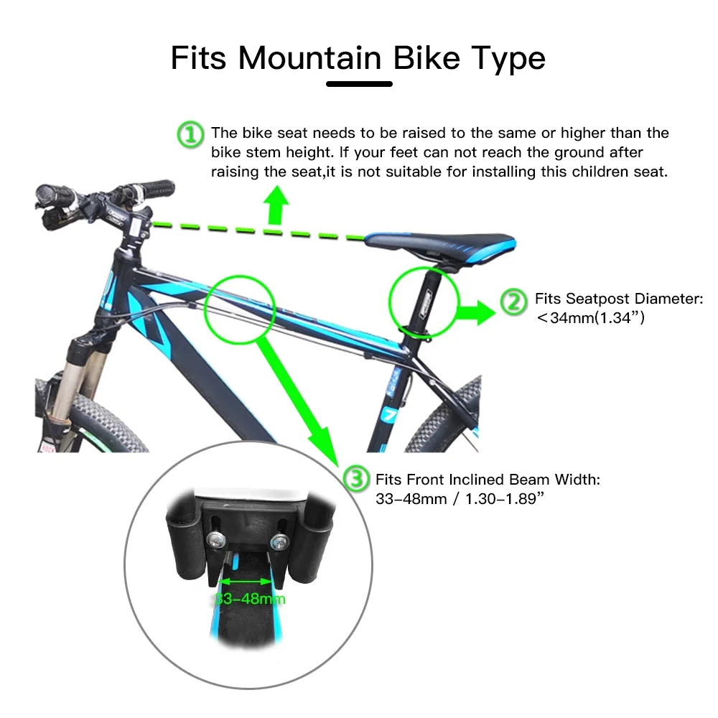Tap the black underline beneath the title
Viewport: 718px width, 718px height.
coord(359,84)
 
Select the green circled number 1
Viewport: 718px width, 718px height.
coord(190,134)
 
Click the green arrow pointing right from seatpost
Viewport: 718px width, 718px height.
coord(476,312)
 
